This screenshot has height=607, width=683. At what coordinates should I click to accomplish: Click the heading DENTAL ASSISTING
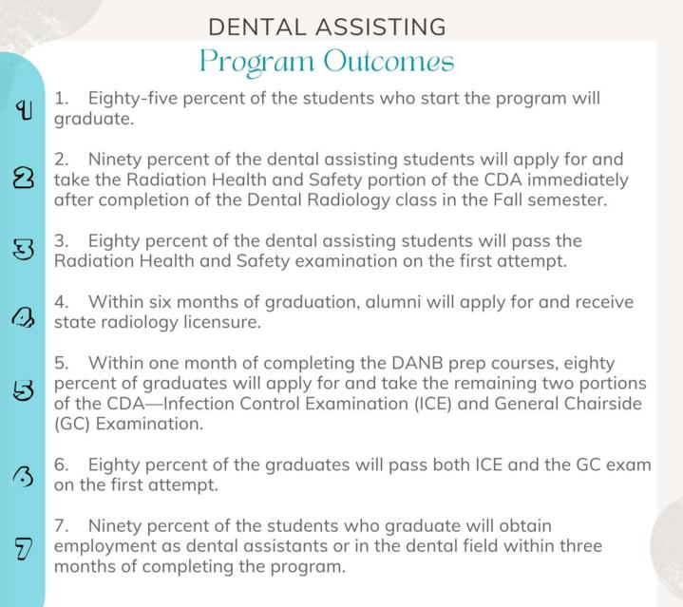327,27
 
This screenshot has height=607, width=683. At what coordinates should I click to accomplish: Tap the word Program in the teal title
256,63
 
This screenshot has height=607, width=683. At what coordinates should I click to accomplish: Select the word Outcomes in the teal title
389,61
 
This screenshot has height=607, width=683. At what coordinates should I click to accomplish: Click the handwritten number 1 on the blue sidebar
24,110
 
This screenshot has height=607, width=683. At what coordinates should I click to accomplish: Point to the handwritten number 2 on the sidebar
24,178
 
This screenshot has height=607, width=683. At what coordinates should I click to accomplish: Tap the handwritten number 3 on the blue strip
24,251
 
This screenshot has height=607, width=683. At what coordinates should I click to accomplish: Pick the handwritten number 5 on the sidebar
24,390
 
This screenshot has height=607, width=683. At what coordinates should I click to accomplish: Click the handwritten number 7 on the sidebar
24,549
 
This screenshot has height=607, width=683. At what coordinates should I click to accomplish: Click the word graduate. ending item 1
94,120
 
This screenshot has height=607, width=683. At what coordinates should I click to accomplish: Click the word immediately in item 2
578,180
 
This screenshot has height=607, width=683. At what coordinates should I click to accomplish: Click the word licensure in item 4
222,323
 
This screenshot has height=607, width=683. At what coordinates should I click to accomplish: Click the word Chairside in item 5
603,404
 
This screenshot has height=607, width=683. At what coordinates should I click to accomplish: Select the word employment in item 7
104,547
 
